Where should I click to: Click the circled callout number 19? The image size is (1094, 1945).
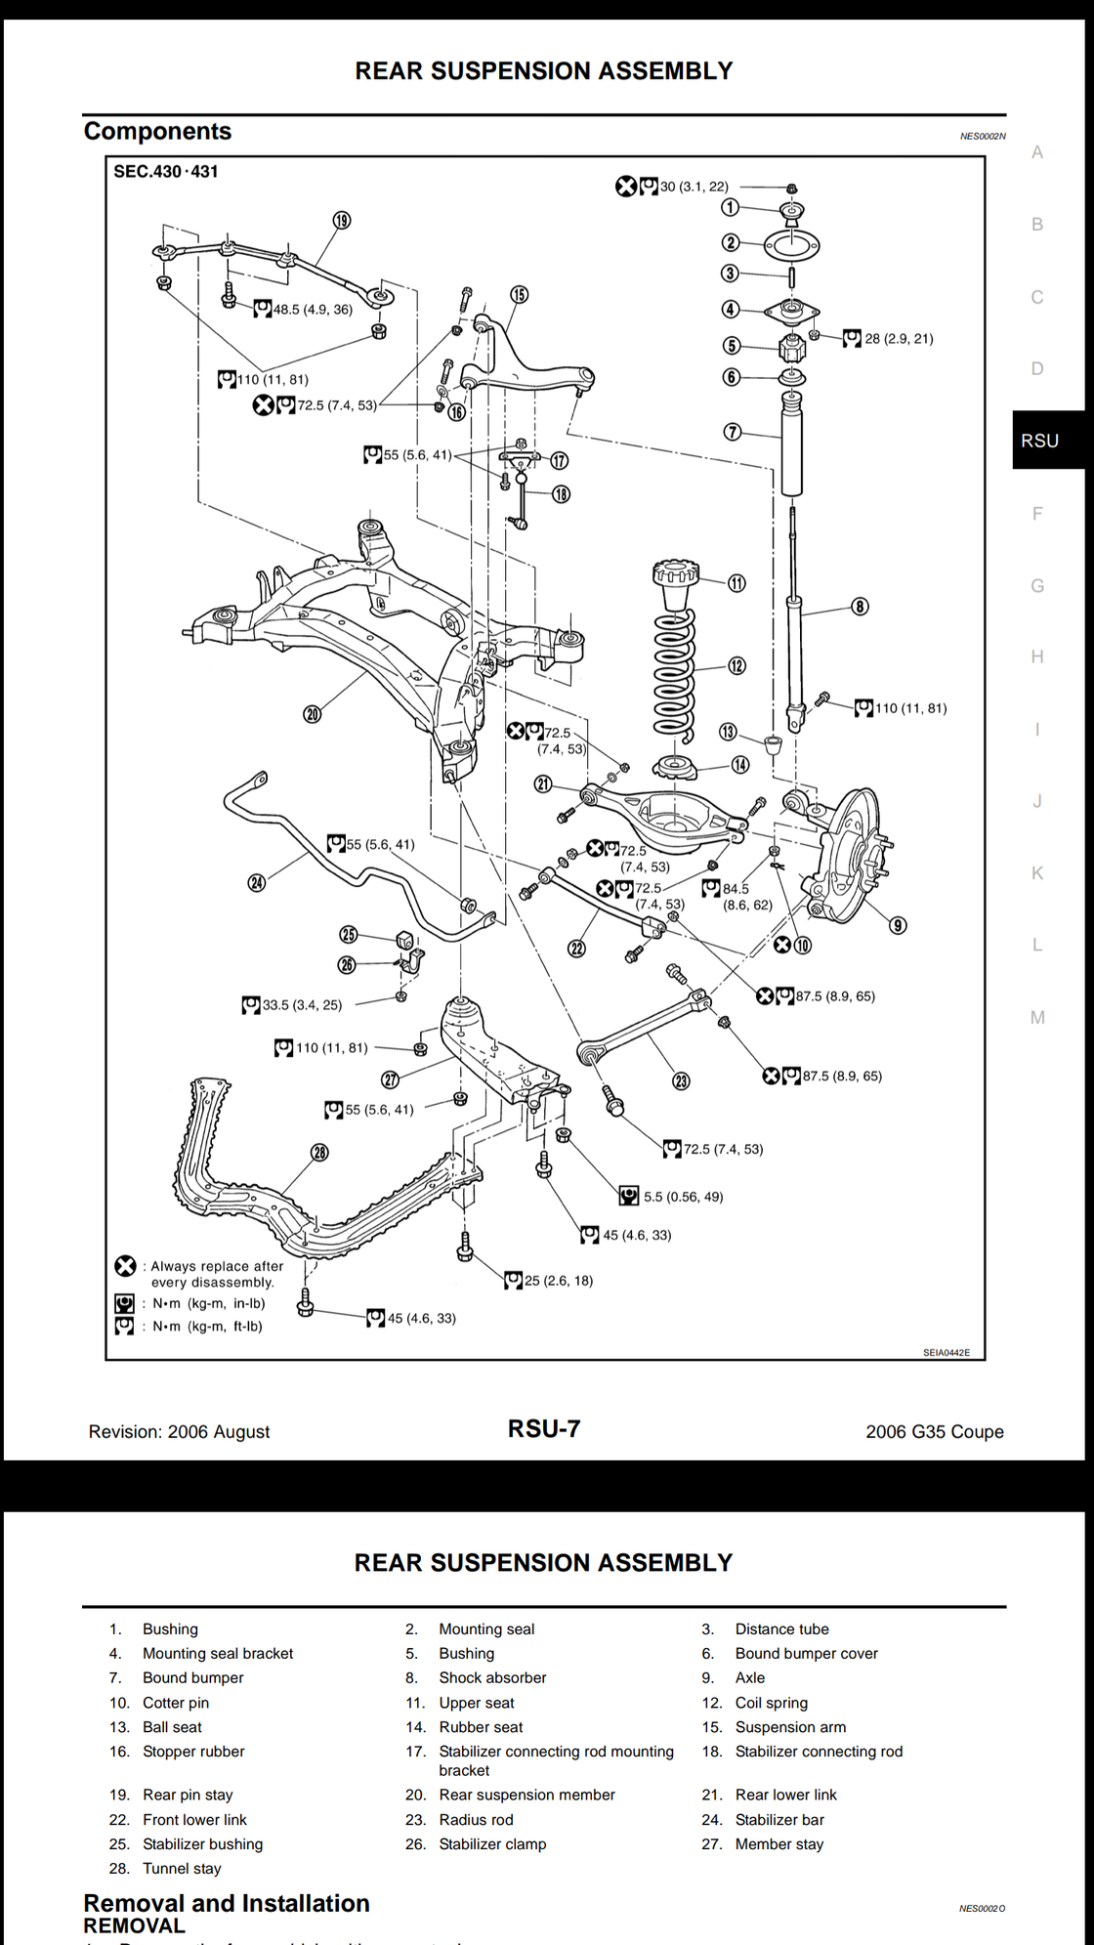(x=341, y=221)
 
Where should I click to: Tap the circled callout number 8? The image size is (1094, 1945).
(x=860, y=607)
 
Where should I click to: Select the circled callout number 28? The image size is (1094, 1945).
(x=320, y=1153)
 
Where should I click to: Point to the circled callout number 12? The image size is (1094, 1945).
(x=736, y=666)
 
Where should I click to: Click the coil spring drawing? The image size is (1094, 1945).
(x=675, y=674)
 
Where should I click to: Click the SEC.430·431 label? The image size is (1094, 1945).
(x=166, y=172)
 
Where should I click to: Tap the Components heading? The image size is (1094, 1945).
(x=157, y=132)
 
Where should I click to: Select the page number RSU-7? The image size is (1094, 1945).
(x=544, y=1429)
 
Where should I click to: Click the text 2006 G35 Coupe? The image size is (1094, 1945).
(x=934, y=1432)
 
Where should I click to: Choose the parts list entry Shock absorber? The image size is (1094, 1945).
(x=492, y=1677)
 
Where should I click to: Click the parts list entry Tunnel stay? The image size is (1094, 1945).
(x=182, y=1869)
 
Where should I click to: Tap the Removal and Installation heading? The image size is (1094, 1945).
(x=227, y=1903)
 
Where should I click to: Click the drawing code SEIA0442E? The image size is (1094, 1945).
(x=947, y=1353)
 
